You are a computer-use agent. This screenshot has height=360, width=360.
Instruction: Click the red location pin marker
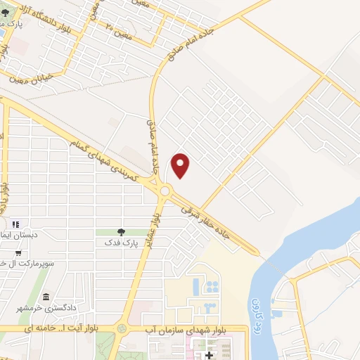181,165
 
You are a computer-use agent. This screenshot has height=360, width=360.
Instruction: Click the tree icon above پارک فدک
121,231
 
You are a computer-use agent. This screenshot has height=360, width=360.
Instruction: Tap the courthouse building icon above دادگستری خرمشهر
46,297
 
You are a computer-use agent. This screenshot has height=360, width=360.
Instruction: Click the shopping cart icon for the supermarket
18,253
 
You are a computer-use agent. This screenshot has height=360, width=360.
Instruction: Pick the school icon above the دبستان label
15,224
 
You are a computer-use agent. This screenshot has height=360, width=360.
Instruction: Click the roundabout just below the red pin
166,191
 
